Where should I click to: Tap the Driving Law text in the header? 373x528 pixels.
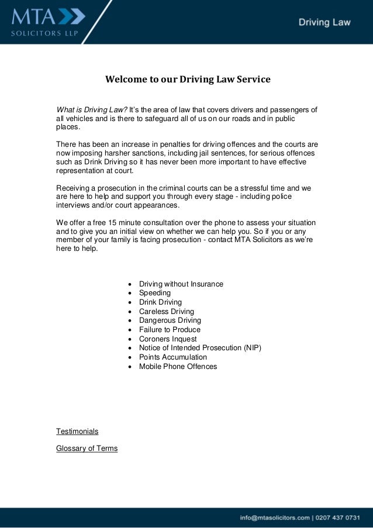tap(324, 23)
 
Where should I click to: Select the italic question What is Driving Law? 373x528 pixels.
tap(92, 109)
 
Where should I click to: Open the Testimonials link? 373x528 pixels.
tap(77, 432)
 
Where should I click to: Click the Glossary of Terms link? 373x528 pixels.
tap(87, 448)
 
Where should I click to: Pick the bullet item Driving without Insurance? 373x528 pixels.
tap(181, 284)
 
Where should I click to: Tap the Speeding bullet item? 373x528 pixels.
tap(155, 293)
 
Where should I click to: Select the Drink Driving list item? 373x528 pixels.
tap(160, 302)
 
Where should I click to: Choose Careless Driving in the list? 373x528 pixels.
tap(166, 312)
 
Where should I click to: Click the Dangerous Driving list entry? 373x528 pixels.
tap(170, 320)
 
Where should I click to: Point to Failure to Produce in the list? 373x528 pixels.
tap(170, 330)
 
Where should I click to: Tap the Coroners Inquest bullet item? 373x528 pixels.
tap(168, 339)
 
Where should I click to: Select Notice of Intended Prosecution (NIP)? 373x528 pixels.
tap(200, 348)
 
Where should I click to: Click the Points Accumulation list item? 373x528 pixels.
tap(172, 357)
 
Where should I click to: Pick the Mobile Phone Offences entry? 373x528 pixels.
tap(178, 367)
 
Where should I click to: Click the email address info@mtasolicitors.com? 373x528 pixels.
tap(274, 517)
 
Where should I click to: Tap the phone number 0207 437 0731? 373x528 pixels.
tap(338, 517)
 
